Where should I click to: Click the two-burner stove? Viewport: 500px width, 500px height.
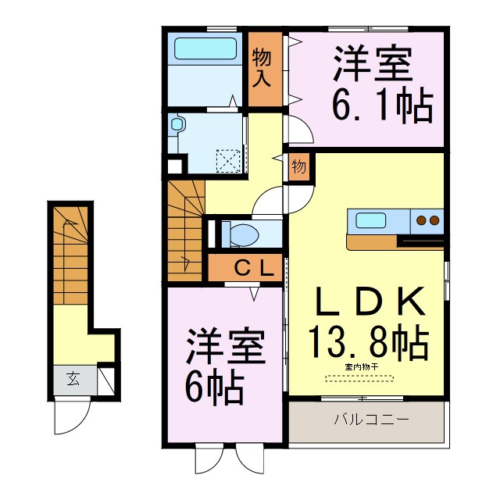click(429, 220)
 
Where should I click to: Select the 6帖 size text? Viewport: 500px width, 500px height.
click(214, 384)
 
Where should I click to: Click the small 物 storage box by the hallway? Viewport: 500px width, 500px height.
click(298, 167)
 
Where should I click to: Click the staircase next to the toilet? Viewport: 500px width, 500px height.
click(184, 231)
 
